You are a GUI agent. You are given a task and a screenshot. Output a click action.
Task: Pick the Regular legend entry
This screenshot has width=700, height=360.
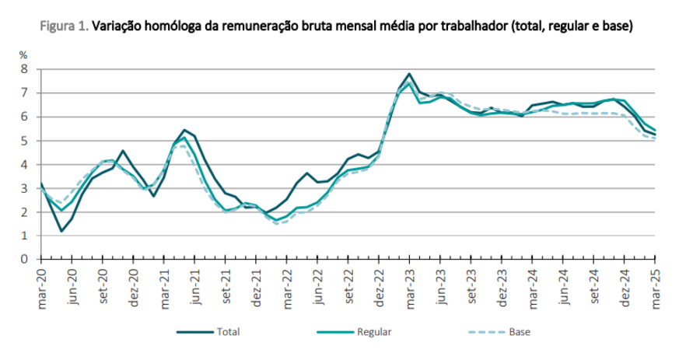pos(373,332)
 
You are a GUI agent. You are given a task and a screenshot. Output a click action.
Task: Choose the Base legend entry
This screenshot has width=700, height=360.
pos(519,332)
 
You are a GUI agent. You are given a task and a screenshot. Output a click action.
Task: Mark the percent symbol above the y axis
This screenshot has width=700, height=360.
pos(23,55)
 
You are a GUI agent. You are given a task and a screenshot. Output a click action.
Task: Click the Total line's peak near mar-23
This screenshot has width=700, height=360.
pos(409,74)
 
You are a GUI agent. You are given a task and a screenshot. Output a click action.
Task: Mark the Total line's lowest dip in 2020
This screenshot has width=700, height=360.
pos(61,231)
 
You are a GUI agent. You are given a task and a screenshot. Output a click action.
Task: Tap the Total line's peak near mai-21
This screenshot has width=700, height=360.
pos(184,130)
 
